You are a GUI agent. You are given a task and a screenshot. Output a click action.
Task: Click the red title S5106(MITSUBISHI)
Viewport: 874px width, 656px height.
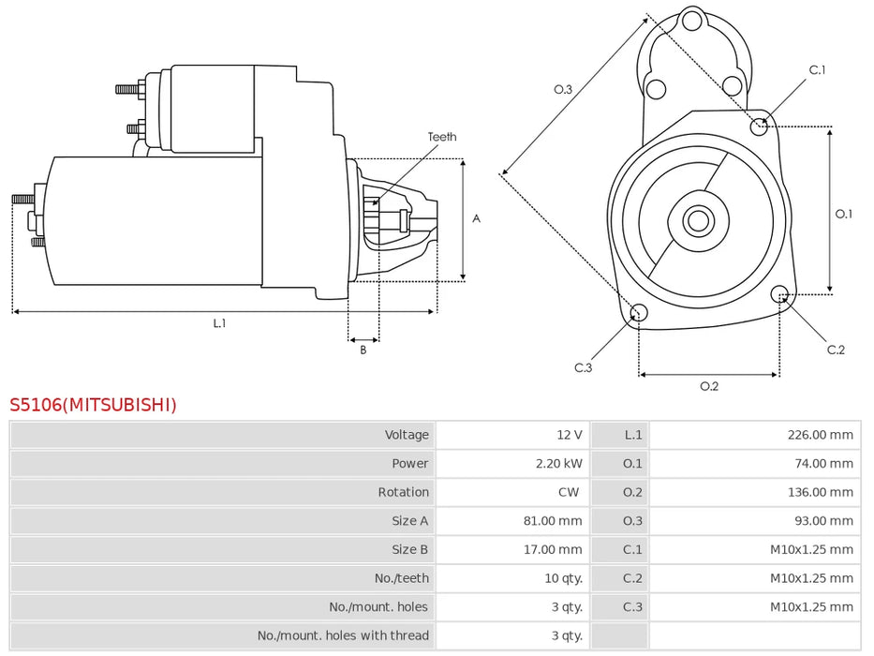pos(93,405)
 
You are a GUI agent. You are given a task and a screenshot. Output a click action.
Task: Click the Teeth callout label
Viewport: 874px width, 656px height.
pos(442,137)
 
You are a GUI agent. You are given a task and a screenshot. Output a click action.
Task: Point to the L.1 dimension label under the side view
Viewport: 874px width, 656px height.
pos(219,323)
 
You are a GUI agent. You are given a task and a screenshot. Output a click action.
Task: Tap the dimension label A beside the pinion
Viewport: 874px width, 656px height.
pos(476,218)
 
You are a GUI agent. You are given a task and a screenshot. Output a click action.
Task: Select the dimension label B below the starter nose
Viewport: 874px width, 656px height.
pos(363,350)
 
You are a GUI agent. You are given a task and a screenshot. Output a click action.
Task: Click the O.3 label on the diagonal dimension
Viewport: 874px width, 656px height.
pos(562,89)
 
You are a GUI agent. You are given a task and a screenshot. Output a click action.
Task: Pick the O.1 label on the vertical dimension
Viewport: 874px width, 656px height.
pos(844,214)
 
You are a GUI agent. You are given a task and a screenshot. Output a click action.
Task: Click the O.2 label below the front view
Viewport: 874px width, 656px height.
pos(709,386)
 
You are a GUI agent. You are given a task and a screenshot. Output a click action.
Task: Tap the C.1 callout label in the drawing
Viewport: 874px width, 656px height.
pos(817,69)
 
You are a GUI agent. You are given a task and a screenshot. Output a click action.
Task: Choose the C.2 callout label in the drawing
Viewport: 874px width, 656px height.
pos(836,350)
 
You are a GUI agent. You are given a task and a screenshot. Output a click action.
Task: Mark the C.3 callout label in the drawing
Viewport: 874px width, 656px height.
pos(583,367)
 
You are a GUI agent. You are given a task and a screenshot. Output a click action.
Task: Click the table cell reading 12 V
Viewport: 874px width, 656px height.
pos(569,435)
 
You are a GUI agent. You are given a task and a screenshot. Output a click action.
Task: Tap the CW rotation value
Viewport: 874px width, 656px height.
pos(569,492)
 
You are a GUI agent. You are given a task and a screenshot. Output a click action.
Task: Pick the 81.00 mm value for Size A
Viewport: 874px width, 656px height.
pos(553,521)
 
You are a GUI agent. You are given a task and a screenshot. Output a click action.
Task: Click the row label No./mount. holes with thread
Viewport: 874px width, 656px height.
pos(343,636)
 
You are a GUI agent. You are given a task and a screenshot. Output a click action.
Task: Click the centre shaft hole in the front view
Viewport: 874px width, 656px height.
pos(696,221)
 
